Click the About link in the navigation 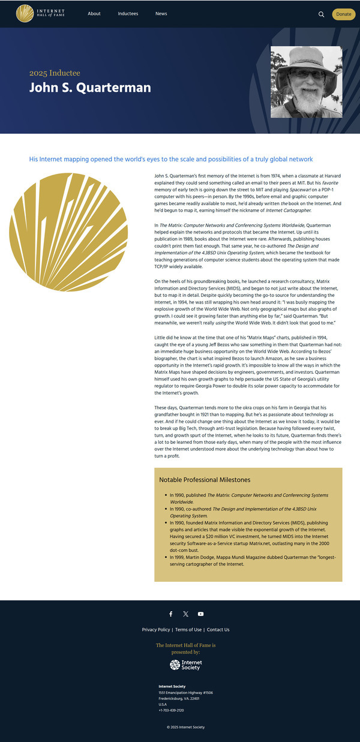click(x=94, y=14)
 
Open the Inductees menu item click(x=128, y=14)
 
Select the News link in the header click(x=161, y=14)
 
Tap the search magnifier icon click(x=321, y=14)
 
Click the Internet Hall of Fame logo click(x=41, y=13)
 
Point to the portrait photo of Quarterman click(x=307, y=82)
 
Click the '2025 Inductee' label click(x=55, y=73)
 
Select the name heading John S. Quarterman click(x=90, y=88)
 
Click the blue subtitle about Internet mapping click(x=171, y=159)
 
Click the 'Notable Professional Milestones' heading click(x=205, y=480)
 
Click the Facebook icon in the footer click(x=170, y=614)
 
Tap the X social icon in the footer click(x=185, y=614)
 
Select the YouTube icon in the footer click(x=200, y=614)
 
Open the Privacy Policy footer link click(x=156, y=630)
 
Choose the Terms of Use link click(x=188, y=630)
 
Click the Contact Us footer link click(x=218, y=630)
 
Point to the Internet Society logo click(x=185, y=665)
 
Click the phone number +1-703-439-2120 click(x=171, y=710)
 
